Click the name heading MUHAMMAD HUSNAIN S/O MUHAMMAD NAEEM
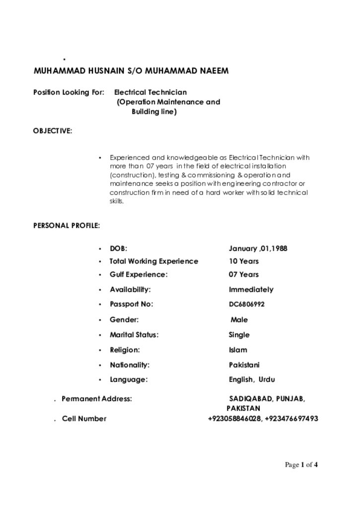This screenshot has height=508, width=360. coord(131,71)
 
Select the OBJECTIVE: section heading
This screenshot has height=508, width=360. coord(53,131)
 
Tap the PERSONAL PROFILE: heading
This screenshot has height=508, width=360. coord(67,226)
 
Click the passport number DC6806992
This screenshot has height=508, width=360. coord(247,305)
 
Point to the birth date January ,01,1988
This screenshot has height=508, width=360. coord(258,248)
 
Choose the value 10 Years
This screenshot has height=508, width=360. coord(243,261)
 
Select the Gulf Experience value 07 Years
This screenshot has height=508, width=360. coord(243,274)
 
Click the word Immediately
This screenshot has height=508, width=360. coord(251,289)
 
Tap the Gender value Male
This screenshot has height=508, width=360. coord(239,320)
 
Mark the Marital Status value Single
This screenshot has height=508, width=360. coord(239,335)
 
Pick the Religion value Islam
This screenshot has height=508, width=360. coord(238,350)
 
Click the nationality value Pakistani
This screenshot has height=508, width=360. coord(244,365)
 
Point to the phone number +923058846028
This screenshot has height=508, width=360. coord(234,419)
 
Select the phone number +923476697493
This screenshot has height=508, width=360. coord(291,419)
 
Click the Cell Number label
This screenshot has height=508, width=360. coord(84,419)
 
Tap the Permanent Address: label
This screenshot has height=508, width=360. coord(97,398)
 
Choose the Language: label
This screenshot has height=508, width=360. coord(129,380)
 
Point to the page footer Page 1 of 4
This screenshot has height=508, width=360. coord(301,465)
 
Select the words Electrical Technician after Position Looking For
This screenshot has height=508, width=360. coord(150,92)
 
